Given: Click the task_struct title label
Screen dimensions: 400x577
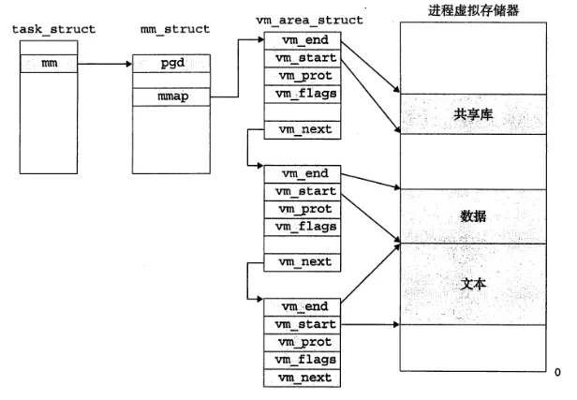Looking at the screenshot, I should (53, 29).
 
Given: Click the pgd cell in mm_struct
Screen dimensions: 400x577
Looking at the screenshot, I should (170, 64).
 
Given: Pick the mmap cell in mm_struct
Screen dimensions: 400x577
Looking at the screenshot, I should (170, 96).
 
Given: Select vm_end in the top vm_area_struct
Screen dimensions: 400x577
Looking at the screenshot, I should (302, 41).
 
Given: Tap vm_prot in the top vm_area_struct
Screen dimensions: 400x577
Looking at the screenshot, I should (302, 75).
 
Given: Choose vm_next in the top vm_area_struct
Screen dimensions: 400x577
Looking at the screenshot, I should (302, 128).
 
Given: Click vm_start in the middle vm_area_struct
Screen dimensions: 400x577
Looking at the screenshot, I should (302, 191).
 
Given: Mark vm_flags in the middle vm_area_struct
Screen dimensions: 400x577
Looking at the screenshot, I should (302, 226).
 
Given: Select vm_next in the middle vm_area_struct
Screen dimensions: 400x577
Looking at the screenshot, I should (302, 261).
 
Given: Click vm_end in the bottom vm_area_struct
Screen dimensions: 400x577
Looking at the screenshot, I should (302, 306).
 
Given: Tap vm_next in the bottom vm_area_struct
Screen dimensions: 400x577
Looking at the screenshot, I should (302, 377).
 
